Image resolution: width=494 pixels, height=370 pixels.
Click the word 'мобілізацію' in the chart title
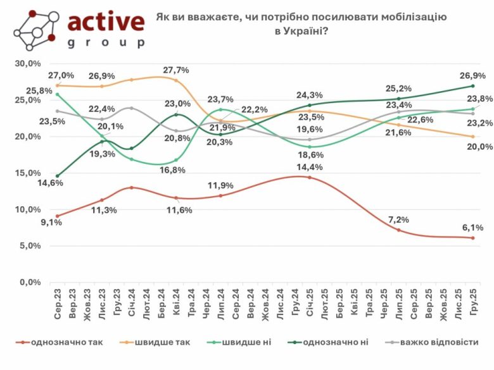[x=414, y=17]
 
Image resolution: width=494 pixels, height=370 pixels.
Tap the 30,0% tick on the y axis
[x=28, y=64]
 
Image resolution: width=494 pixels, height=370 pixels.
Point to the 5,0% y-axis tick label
[x=30, y=246]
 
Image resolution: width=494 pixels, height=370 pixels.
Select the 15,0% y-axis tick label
[x=28, y=173]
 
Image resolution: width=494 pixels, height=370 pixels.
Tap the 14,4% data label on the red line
[x=310, y=167]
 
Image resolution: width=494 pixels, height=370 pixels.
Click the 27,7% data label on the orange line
[x=176, y=70]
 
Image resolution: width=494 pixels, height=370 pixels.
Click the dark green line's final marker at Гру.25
[x=472, y=86]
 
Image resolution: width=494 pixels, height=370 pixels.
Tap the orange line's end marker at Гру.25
[x=472, y=137]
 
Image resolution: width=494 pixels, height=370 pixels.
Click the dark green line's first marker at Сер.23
[x=58, y=176]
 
